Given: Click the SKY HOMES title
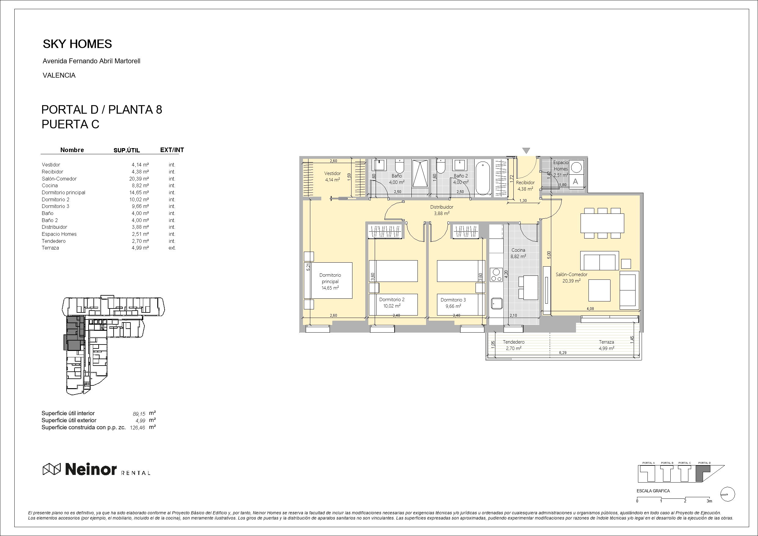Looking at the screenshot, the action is click(x=77, y=44).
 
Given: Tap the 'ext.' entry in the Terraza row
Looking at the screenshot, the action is click(x=172, y=248).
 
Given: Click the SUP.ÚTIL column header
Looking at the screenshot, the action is click(x=127, y=150).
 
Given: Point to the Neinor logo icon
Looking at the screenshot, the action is click(x=52, y=469).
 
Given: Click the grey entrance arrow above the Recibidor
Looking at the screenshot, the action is click(x=526, y=151).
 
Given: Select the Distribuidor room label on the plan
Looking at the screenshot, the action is click(x=441, y=207).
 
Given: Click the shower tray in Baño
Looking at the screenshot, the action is click(x=420, y=178).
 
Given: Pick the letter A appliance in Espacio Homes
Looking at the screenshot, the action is click(x=575, y=181).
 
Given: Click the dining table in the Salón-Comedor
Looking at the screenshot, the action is click(x=602, y=223).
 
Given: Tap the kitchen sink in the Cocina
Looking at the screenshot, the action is click(x=497, y=303).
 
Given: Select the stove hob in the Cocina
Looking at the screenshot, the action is click(x=496, y=275).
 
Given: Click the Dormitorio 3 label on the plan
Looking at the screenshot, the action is click(x=453, y=300).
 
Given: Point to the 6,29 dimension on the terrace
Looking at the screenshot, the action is click(x=563, y=353).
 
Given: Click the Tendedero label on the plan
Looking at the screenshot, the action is click(x=514, y=342).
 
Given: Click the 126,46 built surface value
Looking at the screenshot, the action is click(x=138, y=428).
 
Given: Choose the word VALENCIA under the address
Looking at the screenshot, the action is click(x=59, y=75).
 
